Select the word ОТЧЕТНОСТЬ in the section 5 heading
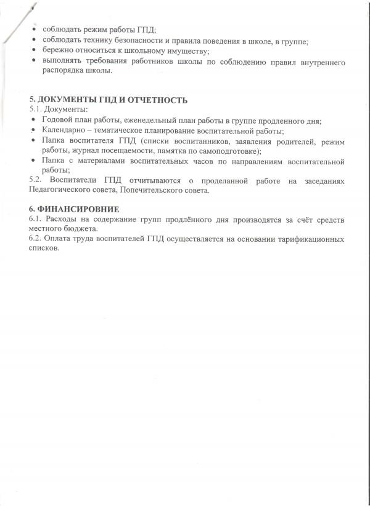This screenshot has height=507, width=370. pyautogui.click(x=157, y=100)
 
